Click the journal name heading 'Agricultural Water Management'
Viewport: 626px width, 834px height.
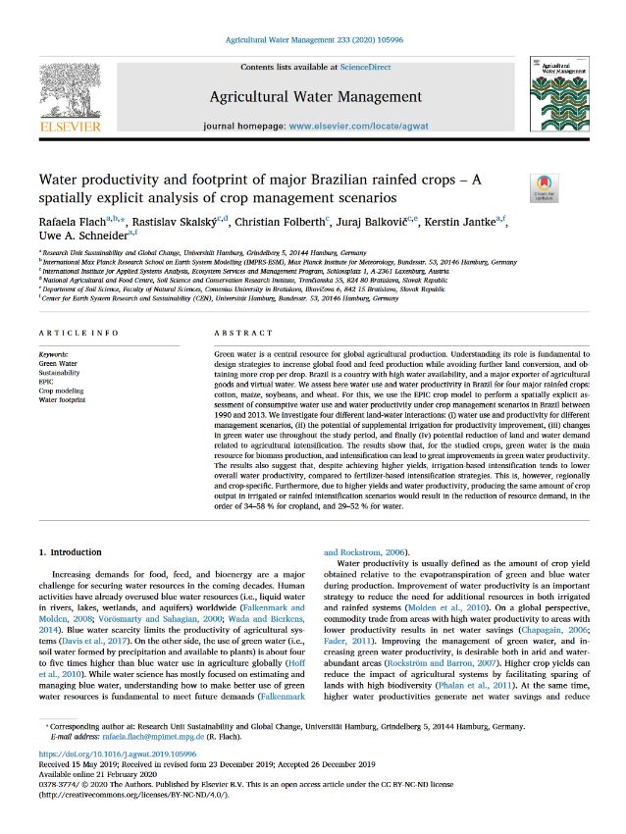(x=315, y=96)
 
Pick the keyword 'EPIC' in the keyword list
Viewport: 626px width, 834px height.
(x=48, y=381)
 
